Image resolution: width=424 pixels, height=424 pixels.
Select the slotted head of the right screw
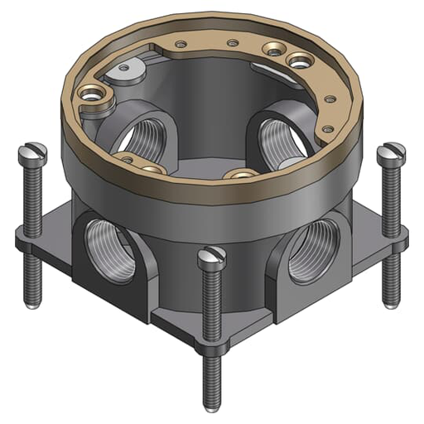coord(390,153)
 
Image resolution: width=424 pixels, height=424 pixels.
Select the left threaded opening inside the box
coord(149,133)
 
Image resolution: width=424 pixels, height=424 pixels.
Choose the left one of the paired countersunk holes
coord(272,51)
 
